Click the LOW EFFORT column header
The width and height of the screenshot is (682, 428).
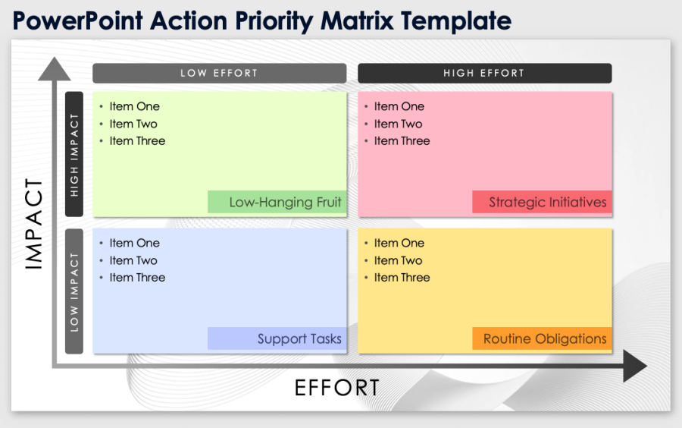[219, 74]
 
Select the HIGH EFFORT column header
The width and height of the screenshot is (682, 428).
[484, 74]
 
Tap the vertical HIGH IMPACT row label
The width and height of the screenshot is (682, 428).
[74, 155]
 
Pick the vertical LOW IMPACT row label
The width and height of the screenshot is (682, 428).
[74, 291]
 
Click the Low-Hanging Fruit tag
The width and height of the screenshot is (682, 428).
[277, 203]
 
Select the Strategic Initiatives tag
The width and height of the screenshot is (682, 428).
[542, 203]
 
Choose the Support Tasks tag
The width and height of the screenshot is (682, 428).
[277, 339]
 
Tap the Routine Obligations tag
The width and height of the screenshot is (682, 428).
[542, 339]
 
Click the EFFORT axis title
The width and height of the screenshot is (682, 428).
[336, 388]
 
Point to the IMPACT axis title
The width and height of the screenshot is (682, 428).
[35, 225]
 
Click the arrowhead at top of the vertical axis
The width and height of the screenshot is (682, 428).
[54, 68]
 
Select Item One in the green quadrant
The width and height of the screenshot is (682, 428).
[134, 107]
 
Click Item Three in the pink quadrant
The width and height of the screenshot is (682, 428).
[402, 141]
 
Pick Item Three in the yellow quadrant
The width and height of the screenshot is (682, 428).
[402, 278]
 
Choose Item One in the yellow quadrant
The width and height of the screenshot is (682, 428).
[399, 244]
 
